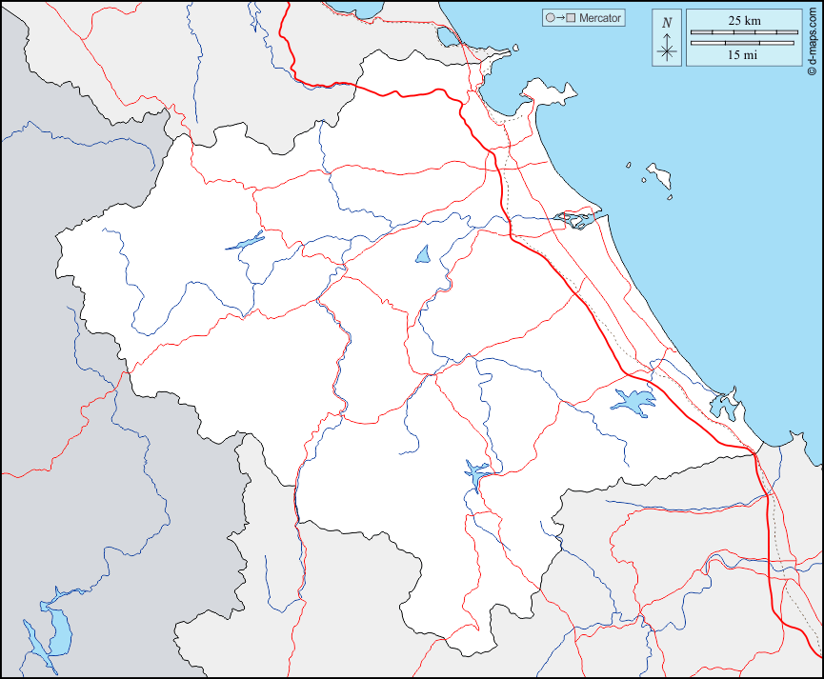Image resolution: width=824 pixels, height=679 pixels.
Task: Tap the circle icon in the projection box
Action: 550,18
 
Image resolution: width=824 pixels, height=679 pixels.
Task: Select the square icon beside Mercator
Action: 571,18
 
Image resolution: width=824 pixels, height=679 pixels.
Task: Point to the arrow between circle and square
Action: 560,18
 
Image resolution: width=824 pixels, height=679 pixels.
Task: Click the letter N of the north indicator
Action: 667,23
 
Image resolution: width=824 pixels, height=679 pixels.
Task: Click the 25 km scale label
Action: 743,20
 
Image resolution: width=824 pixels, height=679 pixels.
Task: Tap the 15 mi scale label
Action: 743,55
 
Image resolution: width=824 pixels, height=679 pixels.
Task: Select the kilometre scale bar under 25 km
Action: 743,32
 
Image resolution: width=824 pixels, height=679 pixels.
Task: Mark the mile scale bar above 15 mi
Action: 743,43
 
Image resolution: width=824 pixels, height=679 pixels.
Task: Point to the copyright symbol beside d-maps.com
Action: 811,70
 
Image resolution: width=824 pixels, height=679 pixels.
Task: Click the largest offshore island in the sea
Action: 658,174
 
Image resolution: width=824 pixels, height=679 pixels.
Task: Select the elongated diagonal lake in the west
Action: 246,241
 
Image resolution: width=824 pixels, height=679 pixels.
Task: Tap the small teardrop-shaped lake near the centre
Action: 423,254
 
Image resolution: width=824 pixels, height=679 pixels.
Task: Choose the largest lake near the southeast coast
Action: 633,401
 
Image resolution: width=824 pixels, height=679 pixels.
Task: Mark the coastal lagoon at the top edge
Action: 447,38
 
